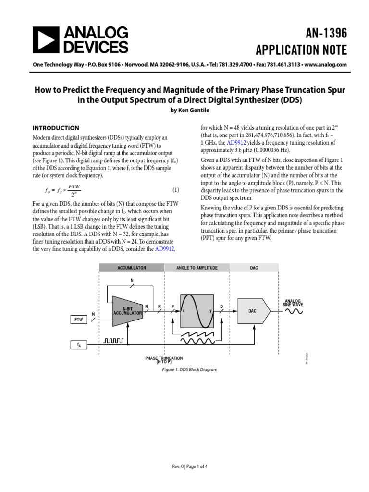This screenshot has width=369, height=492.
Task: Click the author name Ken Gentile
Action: [x=188, y=110]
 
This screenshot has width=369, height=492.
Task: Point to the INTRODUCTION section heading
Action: [x=55, y=128]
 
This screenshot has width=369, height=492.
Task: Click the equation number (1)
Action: [x=175, y=190]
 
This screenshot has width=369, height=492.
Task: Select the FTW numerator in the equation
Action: [x=74, y=186]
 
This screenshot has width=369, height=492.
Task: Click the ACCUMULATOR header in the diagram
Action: [x=132, y=268]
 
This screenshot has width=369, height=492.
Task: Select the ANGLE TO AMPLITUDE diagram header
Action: [x=197, y=268]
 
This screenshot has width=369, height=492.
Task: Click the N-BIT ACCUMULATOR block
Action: [x=127, y=311]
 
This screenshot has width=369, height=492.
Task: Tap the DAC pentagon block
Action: [x=253, y=311]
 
